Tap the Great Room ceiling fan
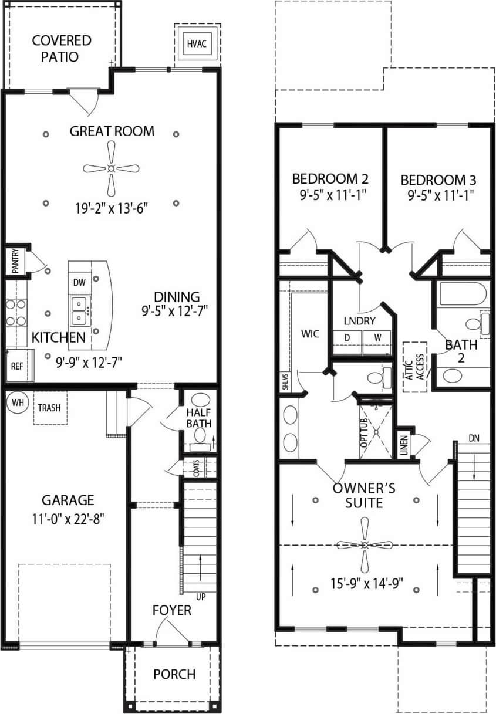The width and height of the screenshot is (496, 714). (111, 169)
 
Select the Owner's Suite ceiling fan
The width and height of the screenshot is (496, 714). (365, 545)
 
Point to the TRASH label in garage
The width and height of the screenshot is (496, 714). (50, 407)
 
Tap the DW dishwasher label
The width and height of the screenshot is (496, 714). (80, 283)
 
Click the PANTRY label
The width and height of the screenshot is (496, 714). (15, 262)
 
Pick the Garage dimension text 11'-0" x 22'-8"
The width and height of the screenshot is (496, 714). (68, 519)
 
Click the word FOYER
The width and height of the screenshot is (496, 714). (172, 610)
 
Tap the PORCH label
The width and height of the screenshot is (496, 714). (174, 674)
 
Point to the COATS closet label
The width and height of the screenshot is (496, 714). (196, 468)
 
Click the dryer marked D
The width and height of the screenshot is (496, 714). (346, 338)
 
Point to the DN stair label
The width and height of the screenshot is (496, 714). (474, 438)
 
